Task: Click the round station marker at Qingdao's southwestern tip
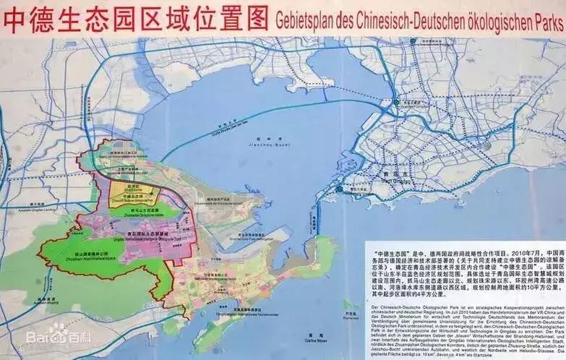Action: click(338, 189)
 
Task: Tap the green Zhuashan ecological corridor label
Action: click(137, 215)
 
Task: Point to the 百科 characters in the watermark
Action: click(64, 338)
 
